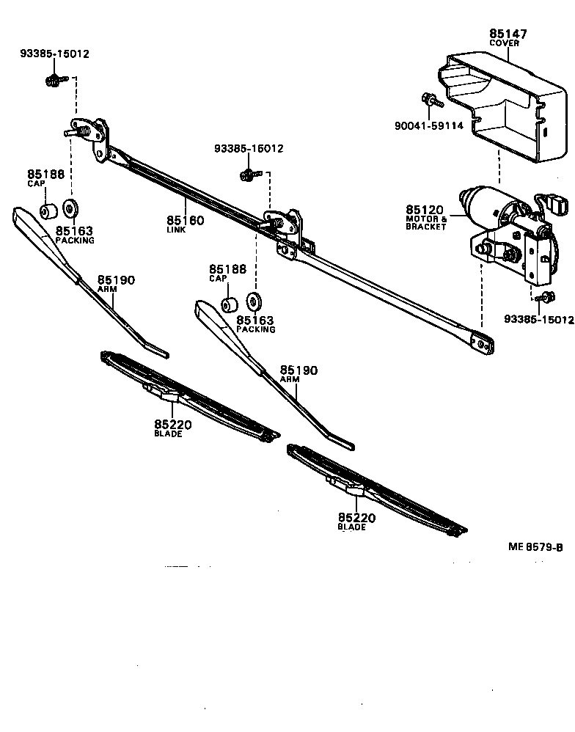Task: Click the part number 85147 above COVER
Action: point(508,34)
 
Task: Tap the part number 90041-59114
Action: point(428,126)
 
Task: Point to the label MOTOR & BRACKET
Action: point(426,223)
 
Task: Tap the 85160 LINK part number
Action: point(185,220)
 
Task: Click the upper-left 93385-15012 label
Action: point(55,54)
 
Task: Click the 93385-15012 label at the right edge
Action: point(538,319)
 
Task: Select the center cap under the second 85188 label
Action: point(229,304)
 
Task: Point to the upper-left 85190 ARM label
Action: point(117,280)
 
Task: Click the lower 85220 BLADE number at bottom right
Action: point(356,518)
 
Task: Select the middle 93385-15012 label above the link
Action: point(249,149)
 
